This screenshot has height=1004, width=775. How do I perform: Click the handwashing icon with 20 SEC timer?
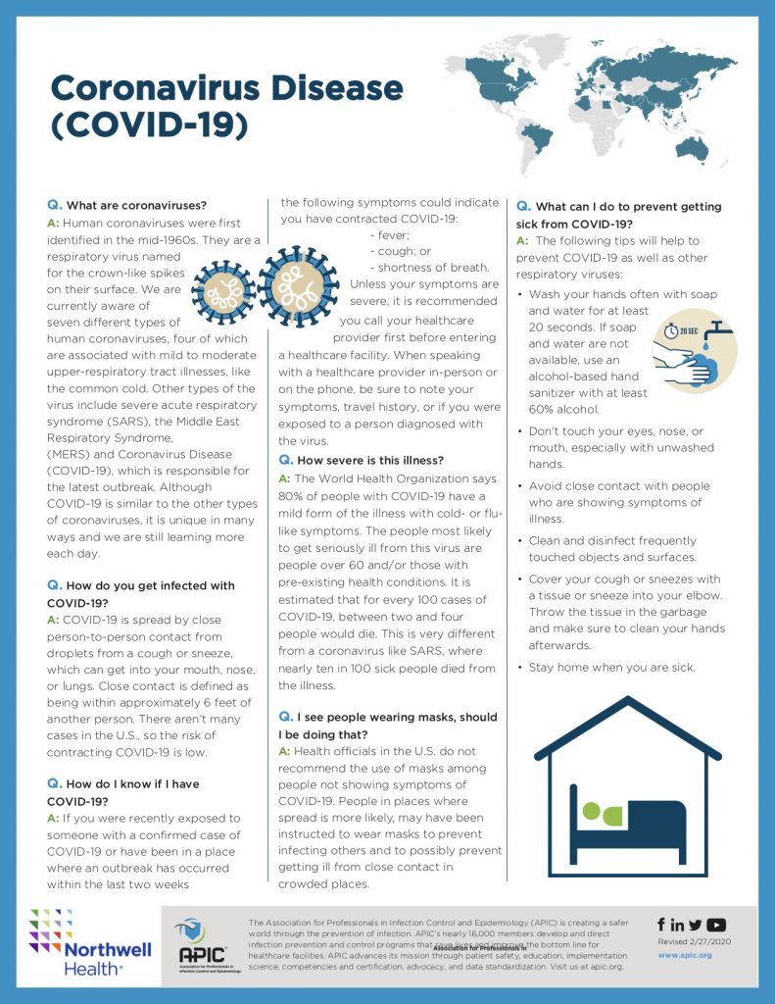pos(694,350)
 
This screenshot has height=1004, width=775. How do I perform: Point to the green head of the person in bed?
pos(590,811)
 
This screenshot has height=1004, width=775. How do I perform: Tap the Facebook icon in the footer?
pos(661,925)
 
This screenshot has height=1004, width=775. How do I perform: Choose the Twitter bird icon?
pos(696,925)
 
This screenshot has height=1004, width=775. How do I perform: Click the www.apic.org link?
pos(684,954)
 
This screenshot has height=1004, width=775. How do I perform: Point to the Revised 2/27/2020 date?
pos(692,940)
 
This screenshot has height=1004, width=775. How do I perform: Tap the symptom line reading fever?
pos(388,235)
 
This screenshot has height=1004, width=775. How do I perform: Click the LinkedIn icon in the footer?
pos(678,925)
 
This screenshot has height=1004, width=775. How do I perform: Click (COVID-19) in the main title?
pos(149,127)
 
